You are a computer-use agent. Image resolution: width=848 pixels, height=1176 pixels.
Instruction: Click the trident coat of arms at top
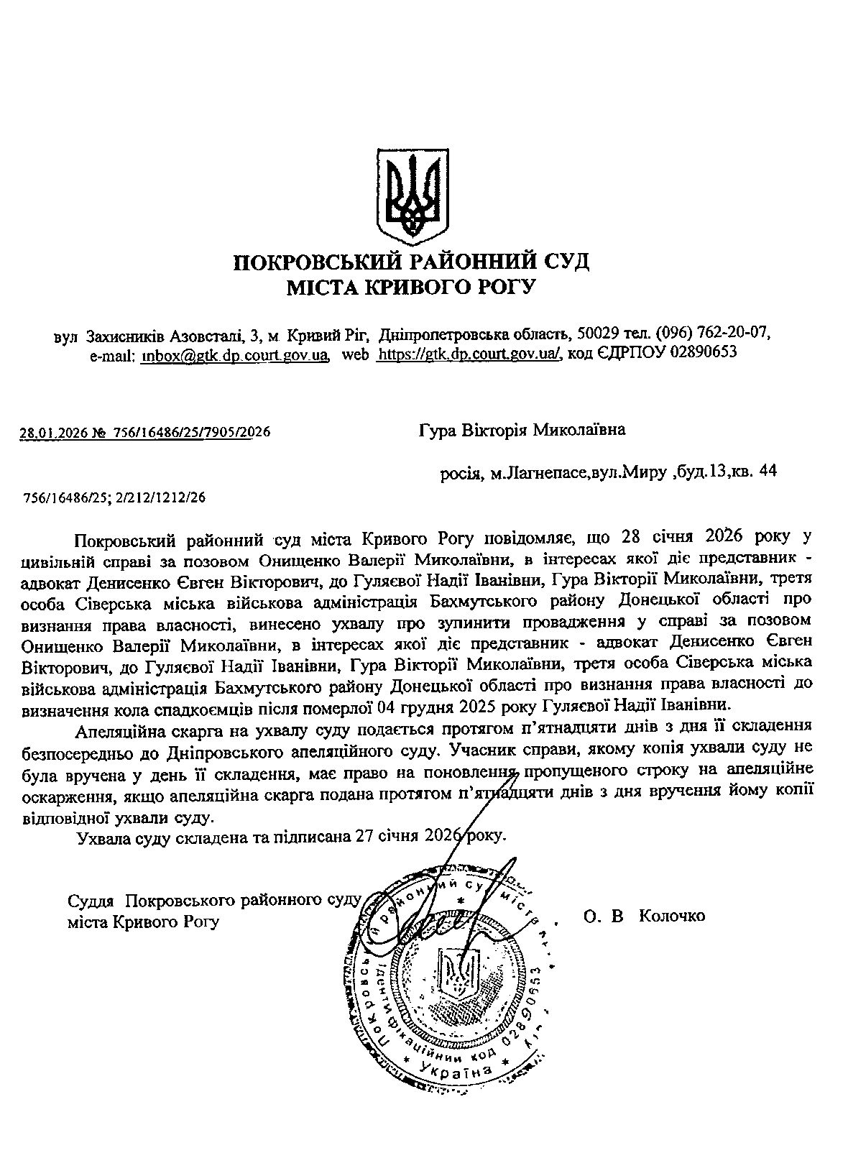(x=413, y=195)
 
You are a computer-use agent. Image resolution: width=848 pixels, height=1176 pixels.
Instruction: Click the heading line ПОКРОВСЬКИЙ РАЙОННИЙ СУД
(x=412, y=260)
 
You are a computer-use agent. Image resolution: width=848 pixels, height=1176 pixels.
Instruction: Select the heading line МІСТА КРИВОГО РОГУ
(x=412, y=288)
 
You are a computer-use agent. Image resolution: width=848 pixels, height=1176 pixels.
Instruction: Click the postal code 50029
(x=594, y=335)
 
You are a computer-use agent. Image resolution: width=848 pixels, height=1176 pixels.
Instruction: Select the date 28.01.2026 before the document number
(x=52, y=432)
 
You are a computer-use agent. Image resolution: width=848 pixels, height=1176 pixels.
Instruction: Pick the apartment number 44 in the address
(x=767, y=472)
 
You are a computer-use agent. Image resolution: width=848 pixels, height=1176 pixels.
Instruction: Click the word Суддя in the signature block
(x=91, y=901)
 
